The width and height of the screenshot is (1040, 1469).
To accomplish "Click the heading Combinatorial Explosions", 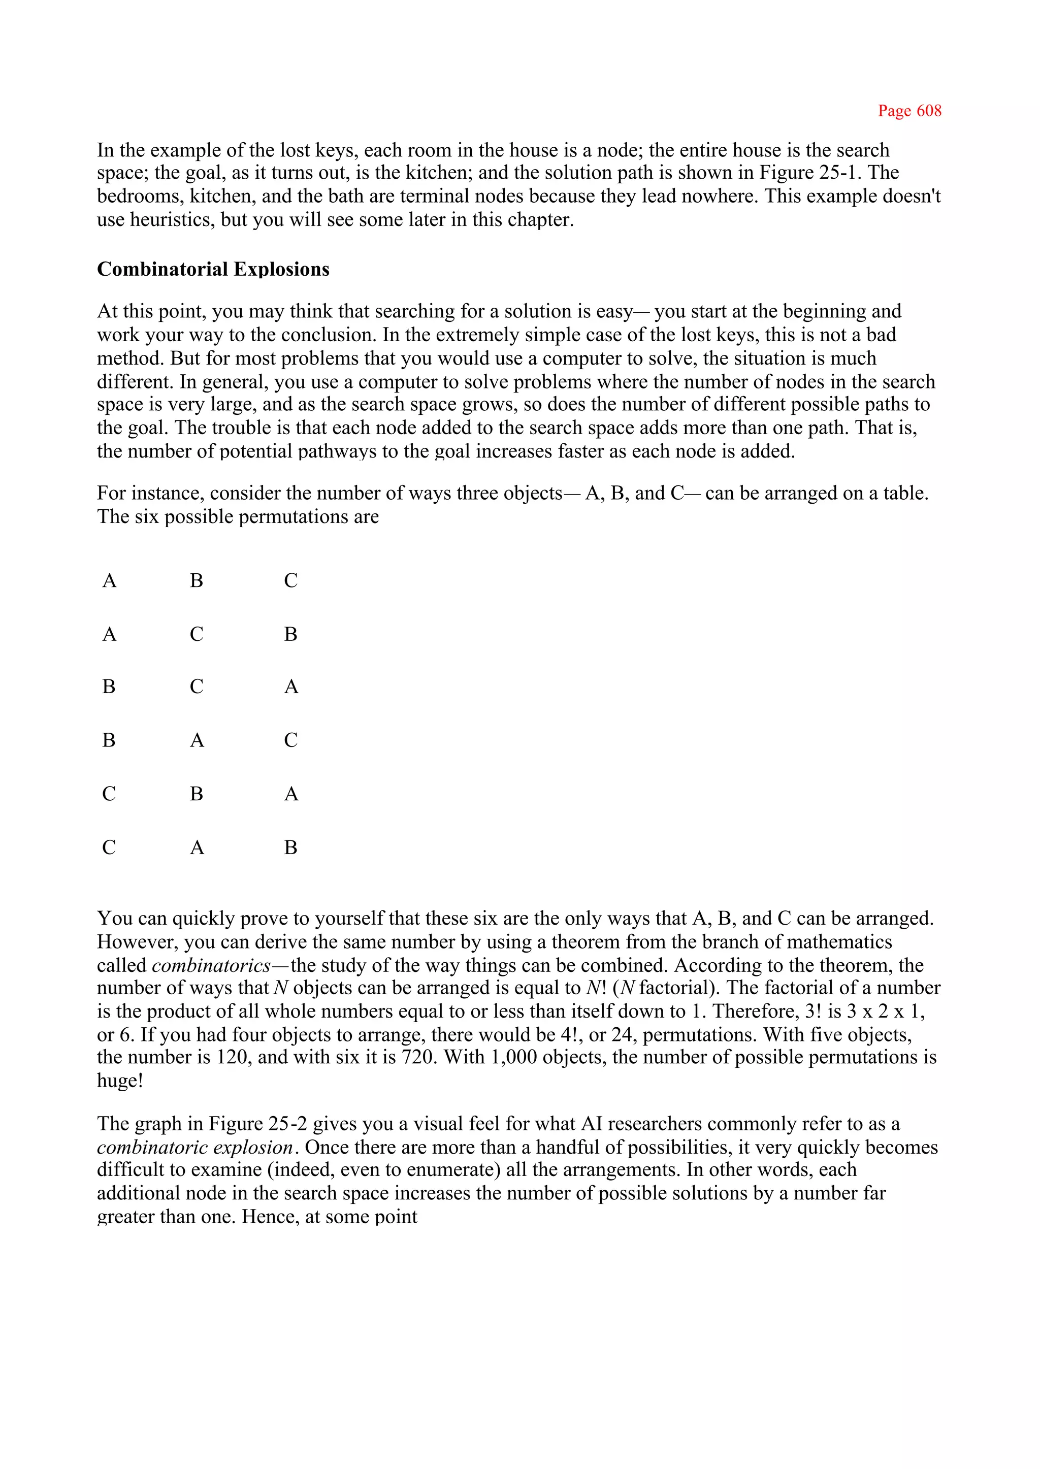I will (x=213, y=269).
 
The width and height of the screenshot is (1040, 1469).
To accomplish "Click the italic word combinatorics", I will (x=211, y=965).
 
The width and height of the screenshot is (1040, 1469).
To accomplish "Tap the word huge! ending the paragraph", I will (x=120, y=1081).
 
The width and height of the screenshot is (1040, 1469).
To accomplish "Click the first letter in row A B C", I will (x=110, y=581).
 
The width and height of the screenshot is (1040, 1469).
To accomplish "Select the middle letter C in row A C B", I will (x=197, y=634).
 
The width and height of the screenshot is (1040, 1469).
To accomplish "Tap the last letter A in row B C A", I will (x=291, y=687).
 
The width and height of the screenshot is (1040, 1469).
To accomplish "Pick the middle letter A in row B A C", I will (x=197, y=740).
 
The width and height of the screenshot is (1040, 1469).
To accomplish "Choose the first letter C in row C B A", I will (x=109, y=794).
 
